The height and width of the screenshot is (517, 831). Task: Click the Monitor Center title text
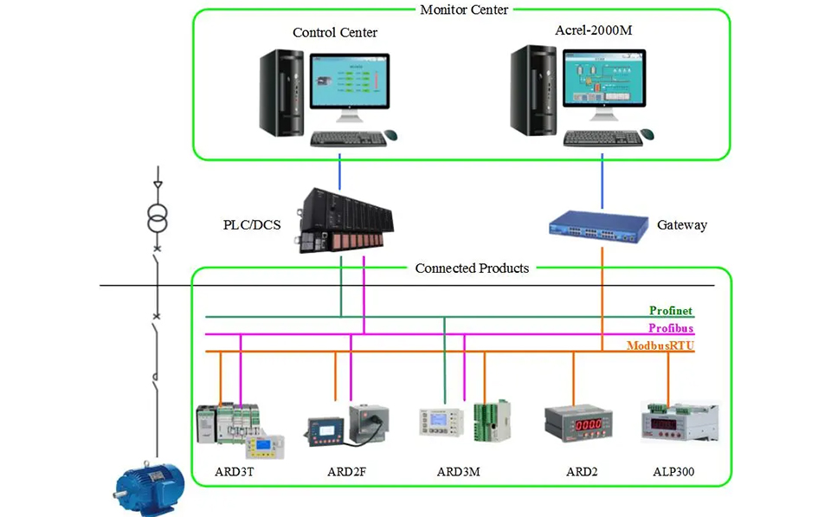464,10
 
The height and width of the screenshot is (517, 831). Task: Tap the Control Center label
335,33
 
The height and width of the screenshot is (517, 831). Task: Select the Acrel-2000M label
595,30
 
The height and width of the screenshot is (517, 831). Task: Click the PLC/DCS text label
252,225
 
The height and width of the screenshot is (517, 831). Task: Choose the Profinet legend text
671,311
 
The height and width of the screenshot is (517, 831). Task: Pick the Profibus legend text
671,328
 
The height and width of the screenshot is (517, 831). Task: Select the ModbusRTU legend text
660,346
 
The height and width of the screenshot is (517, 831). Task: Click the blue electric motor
150,484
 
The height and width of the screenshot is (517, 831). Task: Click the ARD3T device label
234,473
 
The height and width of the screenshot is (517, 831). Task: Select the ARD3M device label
458,473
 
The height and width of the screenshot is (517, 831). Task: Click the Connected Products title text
472,268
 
